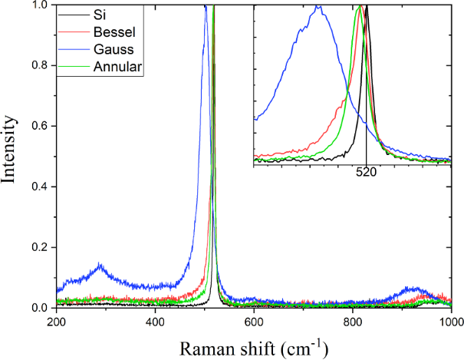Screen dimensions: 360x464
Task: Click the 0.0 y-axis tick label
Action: pyautogui.click(x=38, y=308)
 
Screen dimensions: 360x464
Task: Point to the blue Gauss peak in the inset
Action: pyautogui.click(x=318, y=7)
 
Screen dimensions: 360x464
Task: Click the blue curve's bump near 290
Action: pyautogui.click(x=100, y=266)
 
